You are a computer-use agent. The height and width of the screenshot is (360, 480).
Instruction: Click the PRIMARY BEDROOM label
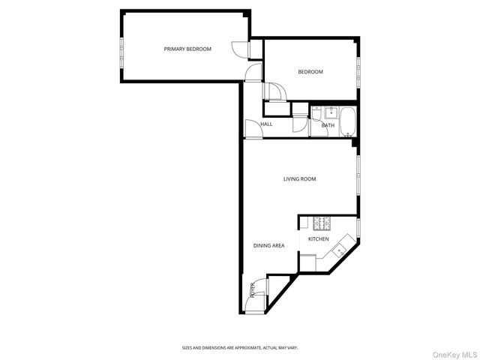(187, 49)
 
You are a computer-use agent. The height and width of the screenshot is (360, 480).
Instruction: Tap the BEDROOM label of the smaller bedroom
(310, 72)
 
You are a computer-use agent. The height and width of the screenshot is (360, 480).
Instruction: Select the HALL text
(266, 124)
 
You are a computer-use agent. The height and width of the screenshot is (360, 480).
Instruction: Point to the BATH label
(328, 125)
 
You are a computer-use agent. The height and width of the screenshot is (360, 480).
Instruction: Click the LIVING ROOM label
(299, 179)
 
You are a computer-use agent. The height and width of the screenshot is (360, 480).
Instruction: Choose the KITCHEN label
(319, 239)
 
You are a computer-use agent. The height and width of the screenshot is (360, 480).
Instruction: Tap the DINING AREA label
(268, 245)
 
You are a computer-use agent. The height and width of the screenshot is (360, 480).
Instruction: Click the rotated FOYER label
(253, 289)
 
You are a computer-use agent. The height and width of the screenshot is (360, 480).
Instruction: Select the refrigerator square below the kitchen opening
(307, 262)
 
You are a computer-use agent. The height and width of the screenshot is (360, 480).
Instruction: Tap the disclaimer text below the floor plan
(240, 347)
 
